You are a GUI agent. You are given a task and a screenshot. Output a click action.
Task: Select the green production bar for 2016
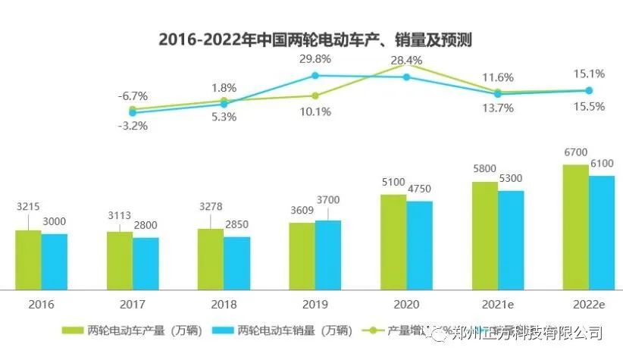(28, 259)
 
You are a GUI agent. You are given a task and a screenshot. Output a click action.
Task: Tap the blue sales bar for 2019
(328, 255)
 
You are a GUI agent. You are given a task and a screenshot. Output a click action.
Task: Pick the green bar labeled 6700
(575, 227)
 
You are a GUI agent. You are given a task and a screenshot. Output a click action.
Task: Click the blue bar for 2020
(419, 245)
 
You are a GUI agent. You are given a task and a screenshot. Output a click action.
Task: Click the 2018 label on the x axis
(224, 304)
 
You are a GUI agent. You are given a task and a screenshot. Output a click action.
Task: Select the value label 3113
(120, 218)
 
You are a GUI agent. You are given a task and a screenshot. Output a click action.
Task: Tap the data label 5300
(510, 178)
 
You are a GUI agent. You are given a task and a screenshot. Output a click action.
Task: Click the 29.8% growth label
(315, 58)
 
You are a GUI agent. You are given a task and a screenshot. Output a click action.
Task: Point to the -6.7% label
(133, 96)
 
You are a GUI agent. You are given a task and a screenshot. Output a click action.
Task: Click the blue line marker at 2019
(315, 75)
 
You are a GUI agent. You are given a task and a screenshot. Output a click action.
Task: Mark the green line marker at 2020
(406, 65)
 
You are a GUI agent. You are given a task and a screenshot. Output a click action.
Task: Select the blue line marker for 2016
(133, 113)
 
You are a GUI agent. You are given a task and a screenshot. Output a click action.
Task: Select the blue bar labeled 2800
(146, 263)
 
